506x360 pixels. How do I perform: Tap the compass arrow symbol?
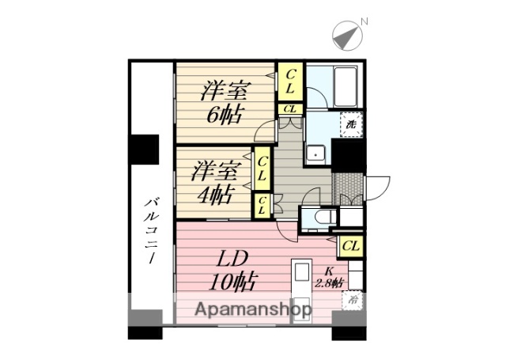click(x=346, y=36)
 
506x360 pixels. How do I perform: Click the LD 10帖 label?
click(x=229, y=269)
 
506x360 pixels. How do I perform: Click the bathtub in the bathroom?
click(x=346, y=86)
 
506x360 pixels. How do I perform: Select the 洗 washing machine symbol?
click(x=349, y=124)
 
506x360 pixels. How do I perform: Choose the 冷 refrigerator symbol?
click(x=350, y=299)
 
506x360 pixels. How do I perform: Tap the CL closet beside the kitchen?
click(x=351, y=246)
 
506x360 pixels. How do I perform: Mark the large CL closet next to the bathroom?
click(x=290, y=81)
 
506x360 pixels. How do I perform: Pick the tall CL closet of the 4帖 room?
click(x=262, y=169)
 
